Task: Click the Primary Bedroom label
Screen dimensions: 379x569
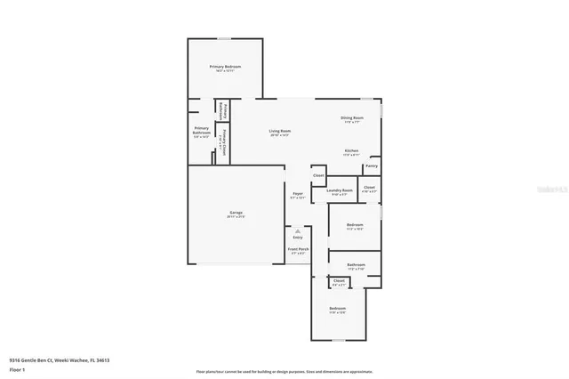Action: [x=225, y=68]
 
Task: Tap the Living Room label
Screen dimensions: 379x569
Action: [x=280, y=133]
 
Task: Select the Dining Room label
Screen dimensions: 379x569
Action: [x=352, y=118]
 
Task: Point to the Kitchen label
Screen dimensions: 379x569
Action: [x=352, y=151]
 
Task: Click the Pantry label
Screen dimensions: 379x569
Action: [x=371, y=165]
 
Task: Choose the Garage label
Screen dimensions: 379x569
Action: [x=236, y=213]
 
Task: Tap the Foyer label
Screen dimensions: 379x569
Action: [x=298, y=195]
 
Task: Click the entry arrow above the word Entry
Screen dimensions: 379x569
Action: [x=298, y=230]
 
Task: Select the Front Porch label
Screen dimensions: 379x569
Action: [x=298, y=250]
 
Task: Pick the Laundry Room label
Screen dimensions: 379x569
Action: [x=340, y=189]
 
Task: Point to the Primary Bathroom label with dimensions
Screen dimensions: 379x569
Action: [x=202, y=133]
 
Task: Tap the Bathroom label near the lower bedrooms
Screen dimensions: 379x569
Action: [x=356, y=265]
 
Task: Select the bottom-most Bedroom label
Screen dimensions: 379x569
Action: [x=337, y=309]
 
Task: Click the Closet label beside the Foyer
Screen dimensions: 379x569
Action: [x=318, y=175]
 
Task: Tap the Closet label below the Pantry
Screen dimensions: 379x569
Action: [x=369, y=188]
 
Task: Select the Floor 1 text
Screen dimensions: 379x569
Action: [x=17, y=368]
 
